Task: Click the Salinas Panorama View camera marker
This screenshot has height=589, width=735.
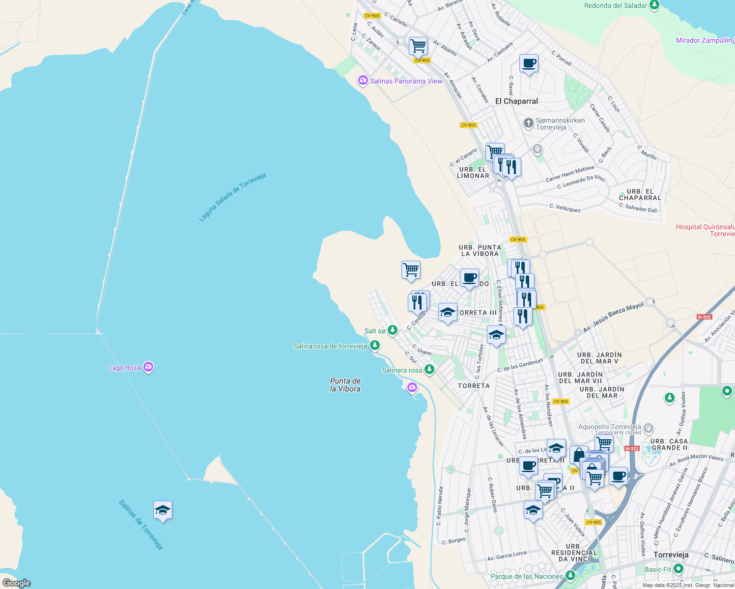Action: click(x=363, y=80)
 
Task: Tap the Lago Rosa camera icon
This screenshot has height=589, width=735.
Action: click(x=148, y=367)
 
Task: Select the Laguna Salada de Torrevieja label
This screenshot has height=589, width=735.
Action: click(x=232, y=197)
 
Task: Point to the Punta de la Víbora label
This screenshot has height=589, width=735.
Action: click(x=345, y=385)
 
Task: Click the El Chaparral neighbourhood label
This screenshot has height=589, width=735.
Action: click(x=516, y=101)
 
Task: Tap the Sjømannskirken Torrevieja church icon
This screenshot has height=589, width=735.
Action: click(x=528, y=123)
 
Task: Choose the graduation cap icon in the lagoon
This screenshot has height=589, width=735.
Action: click(x=163, y=510)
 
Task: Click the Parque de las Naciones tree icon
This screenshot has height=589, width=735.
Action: click(x=570, y=575)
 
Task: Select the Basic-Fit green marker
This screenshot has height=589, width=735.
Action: click(x=678, y=569)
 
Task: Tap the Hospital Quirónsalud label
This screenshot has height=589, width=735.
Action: click(x=705, y=230)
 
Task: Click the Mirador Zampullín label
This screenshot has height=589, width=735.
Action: click(x=704, y=40)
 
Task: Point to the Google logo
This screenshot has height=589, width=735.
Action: click(x=16, y=583)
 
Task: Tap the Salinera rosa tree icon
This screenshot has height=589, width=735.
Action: click(x=429, y=369)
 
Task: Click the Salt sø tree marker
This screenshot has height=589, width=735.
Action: click(x=392, y=330)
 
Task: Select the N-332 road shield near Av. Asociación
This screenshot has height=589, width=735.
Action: click(x=704, y=317)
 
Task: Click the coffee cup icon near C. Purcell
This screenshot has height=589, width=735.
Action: click(x=529, y=64)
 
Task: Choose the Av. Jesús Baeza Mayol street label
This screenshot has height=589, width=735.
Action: click(x=613, y=318)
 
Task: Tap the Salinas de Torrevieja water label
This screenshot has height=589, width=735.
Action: click(x=141, y=524)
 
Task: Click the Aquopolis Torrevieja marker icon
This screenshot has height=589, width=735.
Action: click(x=649, y=428)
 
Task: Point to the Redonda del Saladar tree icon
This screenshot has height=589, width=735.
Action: click(x=654, y=5)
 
